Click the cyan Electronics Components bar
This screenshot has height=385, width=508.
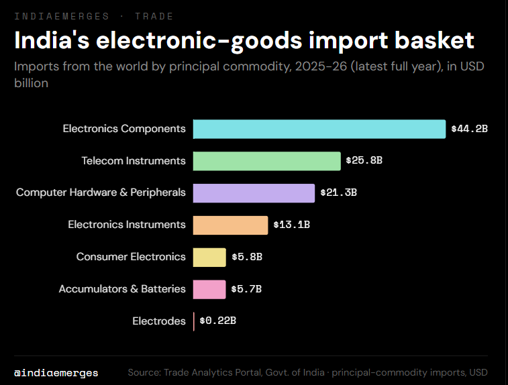pos(319,129)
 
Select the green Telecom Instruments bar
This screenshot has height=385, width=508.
pos(266,161)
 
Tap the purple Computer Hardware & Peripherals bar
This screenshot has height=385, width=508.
pos(254,193)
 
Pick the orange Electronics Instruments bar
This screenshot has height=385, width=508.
pos(230,225)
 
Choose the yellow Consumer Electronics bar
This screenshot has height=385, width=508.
pos(209,258)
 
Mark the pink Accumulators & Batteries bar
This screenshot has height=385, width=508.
pos(209,290)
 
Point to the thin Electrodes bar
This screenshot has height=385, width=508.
pos(194,321)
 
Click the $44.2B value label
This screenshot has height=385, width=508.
pos(470,129)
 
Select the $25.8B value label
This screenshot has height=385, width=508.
pos(364,160)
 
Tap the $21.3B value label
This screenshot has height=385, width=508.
pos(339,192)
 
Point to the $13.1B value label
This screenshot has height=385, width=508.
pos(292,225)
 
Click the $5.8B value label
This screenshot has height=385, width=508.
pos(247,257)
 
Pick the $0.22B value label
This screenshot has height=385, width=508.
pos(217,321)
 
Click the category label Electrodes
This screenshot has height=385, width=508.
pos(159,321)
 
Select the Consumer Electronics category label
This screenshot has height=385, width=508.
pos(131,257)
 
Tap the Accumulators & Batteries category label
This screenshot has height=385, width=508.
pos(122,289)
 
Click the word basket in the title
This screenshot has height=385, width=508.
pos(434,40)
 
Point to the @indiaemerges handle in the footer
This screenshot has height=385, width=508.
pos(56,373)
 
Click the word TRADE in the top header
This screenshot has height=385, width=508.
pos(154,16)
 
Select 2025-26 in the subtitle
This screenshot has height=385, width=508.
pos(321,66)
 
